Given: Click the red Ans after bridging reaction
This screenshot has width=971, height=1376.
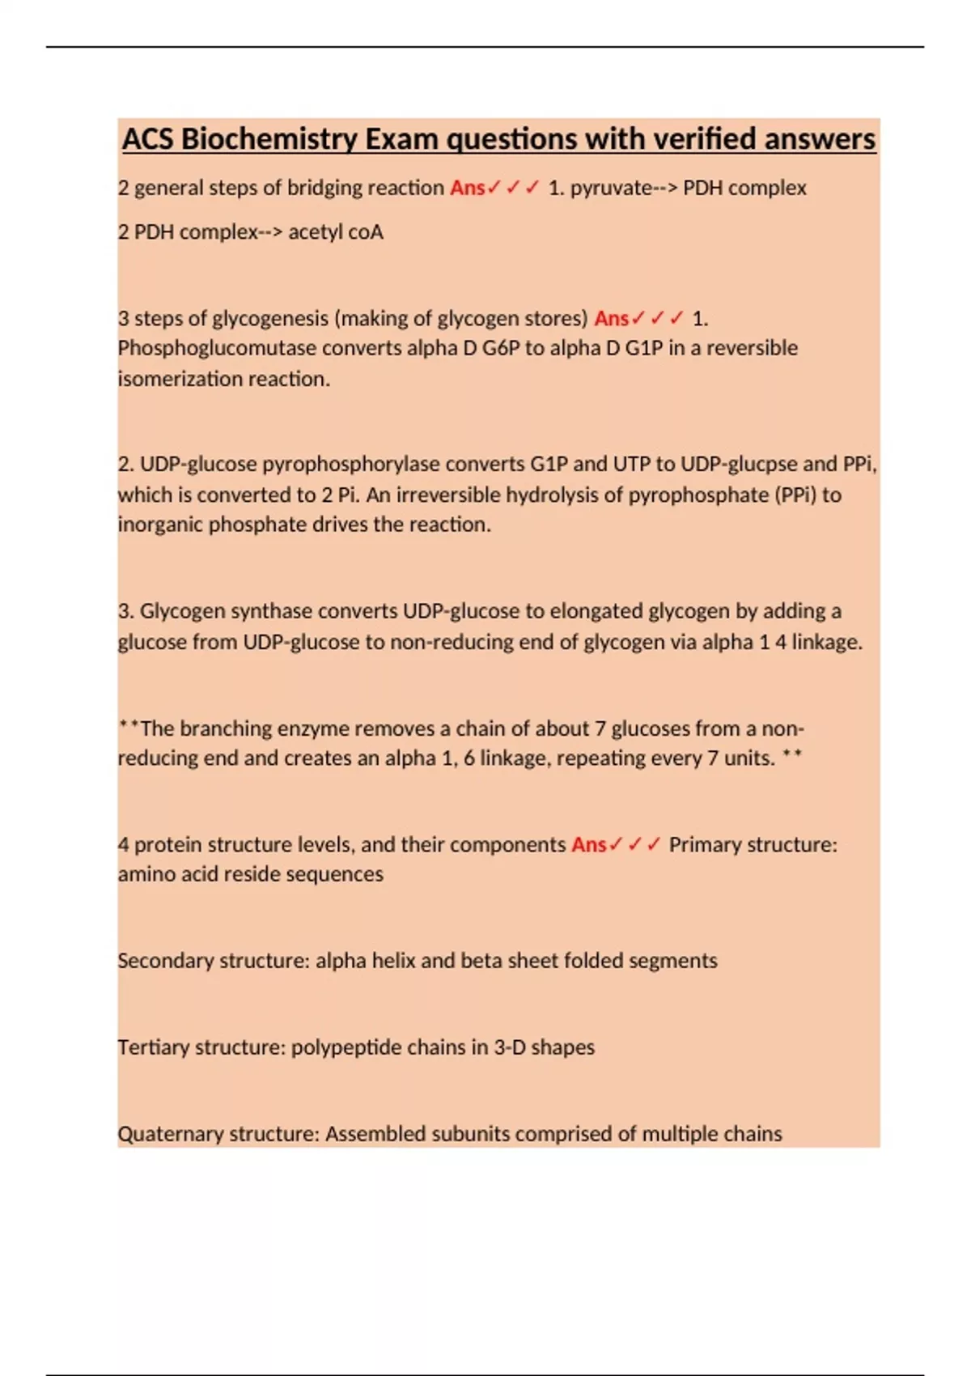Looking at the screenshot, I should tap(467, 188).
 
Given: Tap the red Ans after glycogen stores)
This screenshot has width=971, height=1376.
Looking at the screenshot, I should tap(611, 318).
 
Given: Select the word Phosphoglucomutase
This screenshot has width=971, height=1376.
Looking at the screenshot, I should tap(217, 348).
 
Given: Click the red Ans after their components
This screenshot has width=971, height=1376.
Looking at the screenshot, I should tap(588, 845).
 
